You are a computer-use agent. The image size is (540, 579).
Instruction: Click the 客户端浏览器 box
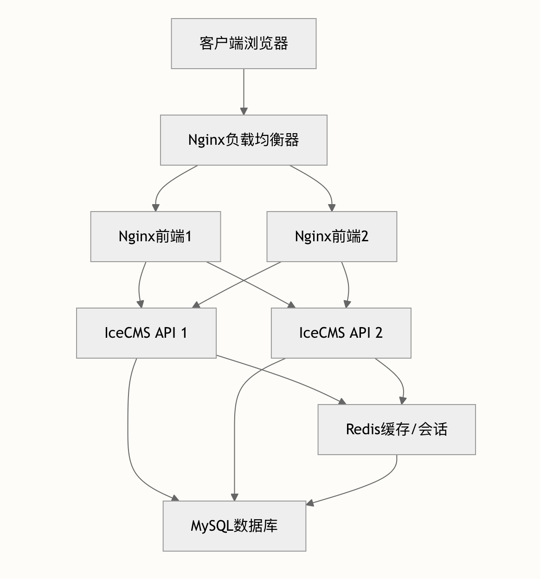click(244, 44)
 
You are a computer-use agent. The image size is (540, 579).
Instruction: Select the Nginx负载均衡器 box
click(244, 140)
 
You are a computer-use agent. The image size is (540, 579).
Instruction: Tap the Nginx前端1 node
click(155, 237)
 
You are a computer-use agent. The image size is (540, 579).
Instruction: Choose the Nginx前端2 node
click(332, 237)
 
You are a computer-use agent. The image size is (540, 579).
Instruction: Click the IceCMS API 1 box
click(146, 333)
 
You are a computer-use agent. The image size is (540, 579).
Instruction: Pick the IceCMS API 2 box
click(341, 333)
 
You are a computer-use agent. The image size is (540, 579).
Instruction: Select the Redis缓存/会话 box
click(397, 430)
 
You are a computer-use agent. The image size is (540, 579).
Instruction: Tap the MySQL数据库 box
click(234, 526)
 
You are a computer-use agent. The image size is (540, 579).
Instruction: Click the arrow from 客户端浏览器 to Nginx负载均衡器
click(244, 92)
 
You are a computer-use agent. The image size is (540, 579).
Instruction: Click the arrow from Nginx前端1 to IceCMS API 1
click(139, 284)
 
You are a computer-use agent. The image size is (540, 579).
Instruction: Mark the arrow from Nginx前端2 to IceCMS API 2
click(348, 284)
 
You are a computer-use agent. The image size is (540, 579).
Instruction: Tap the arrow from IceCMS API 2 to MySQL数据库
click(235, 423)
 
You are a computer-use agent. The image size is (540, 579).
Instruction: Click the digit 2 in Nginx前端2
click(365, 237)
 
